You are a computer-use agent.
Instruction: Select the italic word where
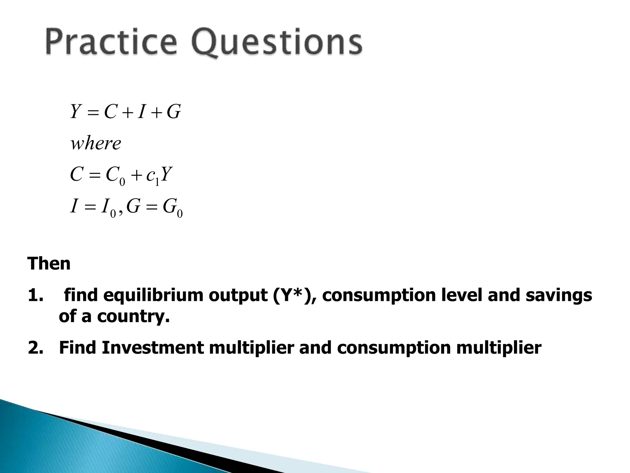tap(96, 144)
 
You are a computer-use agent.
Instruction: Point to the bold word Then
tap(49, 264)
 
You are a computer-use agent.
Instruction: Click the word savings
tap(559, 296)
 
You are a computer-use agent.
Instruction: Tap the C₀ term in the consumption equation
tap(115, 176)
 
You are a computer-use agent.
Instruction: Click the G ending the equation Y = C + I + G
tap(173, 112)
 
